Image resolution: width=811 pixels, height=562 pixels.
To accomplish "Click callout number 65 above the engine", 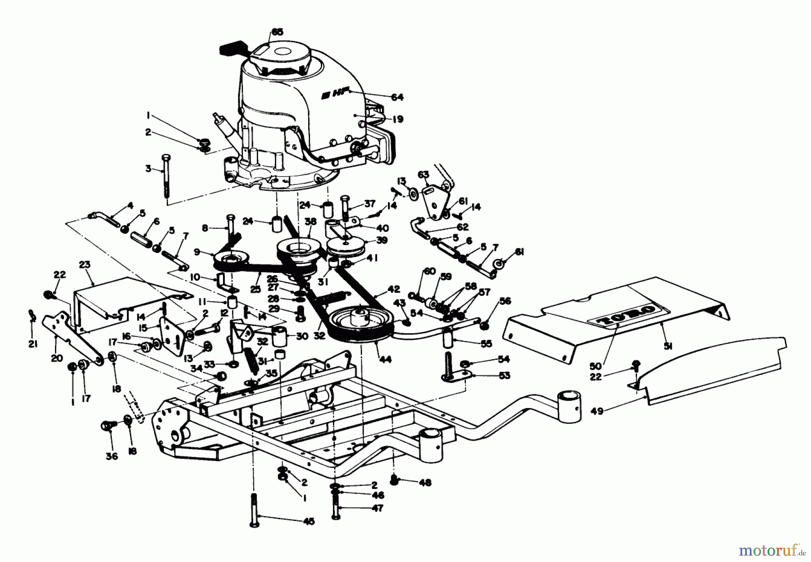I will (277, 32).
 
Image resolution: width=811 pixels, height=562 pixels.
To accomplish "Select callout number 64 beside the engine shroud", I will (397, 97).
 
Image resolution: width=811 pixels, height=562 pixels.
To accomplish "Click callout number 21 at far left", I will (32, 332).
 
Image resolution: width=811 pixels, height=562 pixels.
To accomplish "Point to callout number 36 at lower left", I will (112, 456).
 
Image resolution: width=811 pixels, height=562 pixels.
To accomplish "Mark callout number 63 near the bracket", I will (423, 175).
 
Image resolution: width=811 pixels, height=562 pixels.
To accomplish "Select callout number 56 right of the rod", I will (505, 301).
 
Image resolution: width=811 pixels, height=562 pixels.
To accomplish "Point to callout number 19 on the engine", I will (397, 119).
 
